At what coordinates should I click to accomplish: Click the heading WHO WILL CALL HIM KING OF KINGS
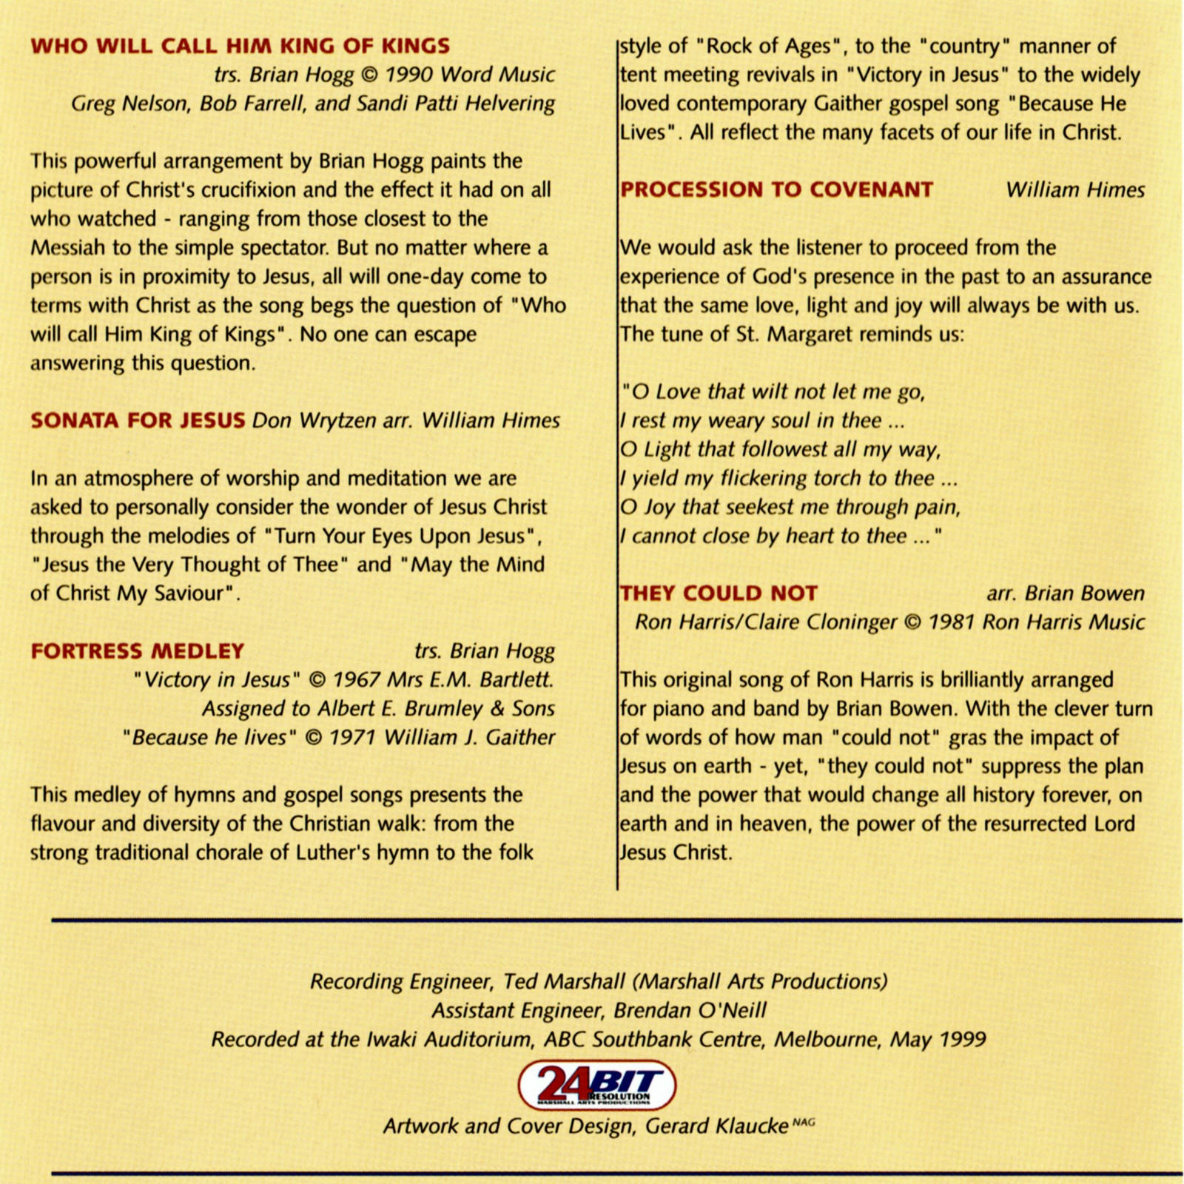(240, 46)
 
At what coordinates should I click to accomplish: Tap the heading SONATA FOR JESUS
(138, 420)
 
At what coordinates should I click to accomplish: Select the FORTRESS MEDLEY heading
(137, 651)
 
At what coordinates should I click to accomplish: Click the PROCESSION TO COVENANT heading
(776, 189)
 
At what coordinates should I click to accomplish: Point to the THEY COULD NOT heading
(719, 593)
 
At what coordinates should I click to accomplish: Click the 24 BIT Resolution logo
(596, 1085)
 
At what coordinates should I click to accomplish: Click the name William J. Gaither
(469, 737)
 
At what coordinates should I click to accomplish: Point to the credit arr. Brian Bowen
(1065, 593)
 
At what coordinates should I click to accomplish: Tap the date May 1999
(938, 1040)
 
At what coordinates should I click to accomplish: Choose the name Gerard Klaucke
(716, 1126)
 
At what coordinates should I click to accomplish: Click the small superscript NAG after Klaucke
(804, 1122)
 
